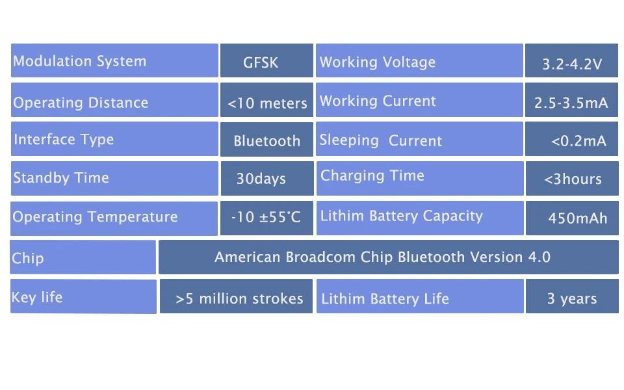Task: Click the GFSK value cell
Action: (x=266, y=60)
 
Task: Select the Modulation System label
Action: (x=79, y=61)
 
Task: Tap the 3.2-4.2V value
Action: (x=572, y=64)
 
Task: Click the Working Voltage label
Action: (x=377, y=62)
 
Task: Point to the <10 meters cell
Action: (x=266, y=100)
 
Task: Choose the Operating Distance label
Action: (x=81, y=103)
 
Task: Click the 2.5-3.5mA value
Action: (x=571, y=103)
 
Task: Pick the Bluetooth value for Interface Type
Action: (x=266, y=141)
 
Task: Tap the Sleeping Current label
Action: (x=380, y=140)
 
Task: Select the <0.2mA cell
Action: (x=571, y=139)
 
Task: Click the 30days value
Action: (x=261, y=179)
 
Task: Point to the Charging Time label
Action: (x=372, y=176)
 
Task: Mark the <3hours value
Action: (x=573, y=179)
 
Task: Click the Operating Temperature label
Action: (x=95, y=217)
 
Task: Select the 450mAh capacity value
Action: (x=577, y=218)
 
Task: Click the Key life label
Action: (x=37, y=297)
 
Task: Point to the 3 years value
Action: (x=572, y=298)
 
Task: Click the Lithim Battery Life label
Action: (x=385, y=299)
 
